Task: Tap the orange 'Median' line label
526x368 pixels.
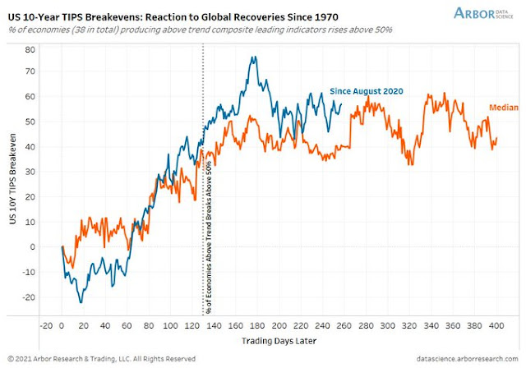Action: point(504,108)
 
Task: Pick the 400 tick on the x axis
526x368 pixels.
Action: point(496,325)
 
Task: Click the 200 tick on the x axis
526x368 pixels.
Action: point(279,325)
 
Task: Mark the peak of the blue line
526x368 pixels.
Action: point(254,57)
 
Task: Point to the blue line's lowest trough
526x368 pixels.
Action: point(81,302)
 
